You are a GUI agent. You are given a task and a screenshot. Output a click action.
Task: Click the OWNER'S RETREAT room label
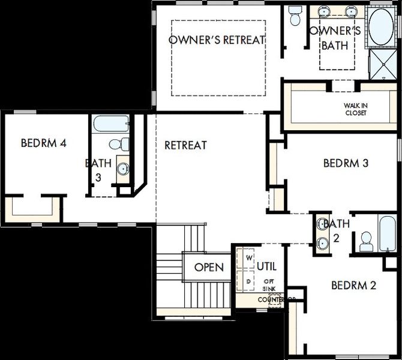(217, 40)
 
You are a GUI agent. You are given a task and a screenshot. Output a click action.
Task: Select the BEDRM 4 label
(43, 143)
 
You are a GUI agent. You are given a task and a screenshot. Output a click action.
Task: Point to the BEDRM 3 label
(346, 163)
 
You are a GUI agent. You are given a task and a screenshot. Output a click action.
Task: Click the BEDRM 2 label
(353, 285)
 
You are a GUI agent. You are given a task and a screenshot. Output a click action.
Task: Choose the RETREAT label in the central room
(185, 145)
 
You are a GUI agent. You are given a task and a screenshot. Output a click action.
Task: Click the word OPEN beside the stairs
(209, 267)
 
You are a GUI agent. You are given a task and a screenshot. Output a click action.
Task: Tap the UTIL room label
(266, 266)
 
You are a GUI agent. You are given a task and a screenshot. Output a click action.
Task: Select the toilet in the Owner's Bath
(295, 18)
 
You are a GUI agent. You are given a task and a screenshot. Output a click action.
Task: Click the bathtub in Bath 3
(112, 125)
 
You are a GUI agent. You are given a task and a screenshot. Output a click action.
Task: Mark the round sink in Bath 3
(123, 169)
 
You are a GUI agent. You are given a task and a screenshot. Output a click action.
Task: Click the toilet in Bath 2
(365, 242)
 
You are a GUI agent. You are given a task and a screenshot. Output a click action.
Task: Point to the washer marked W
(250, 259)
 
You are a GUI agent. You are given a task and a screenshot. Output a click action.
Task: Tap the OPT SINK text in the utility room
(269, 285)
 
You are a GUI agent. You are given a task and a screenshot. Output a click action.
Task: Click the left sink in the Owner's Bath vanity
(326, 11)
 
